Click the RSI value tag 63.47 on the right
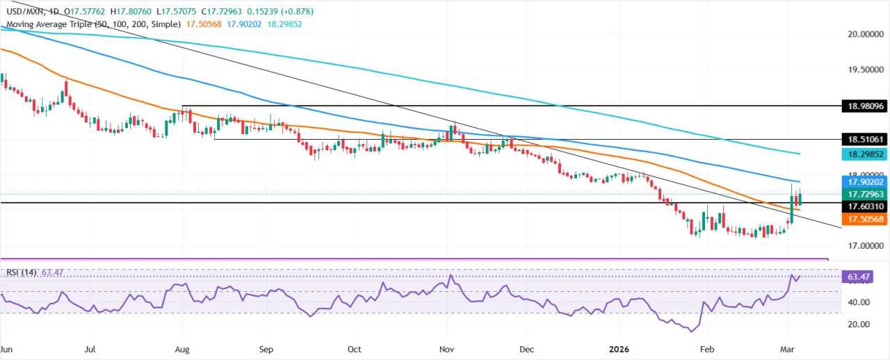(x=859, y=277)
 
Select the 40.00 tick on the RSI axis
(x=857, y=302)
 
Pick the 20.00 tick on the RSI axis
(x=857, y=325)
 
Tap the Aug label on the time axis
(x=182, y=348)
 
